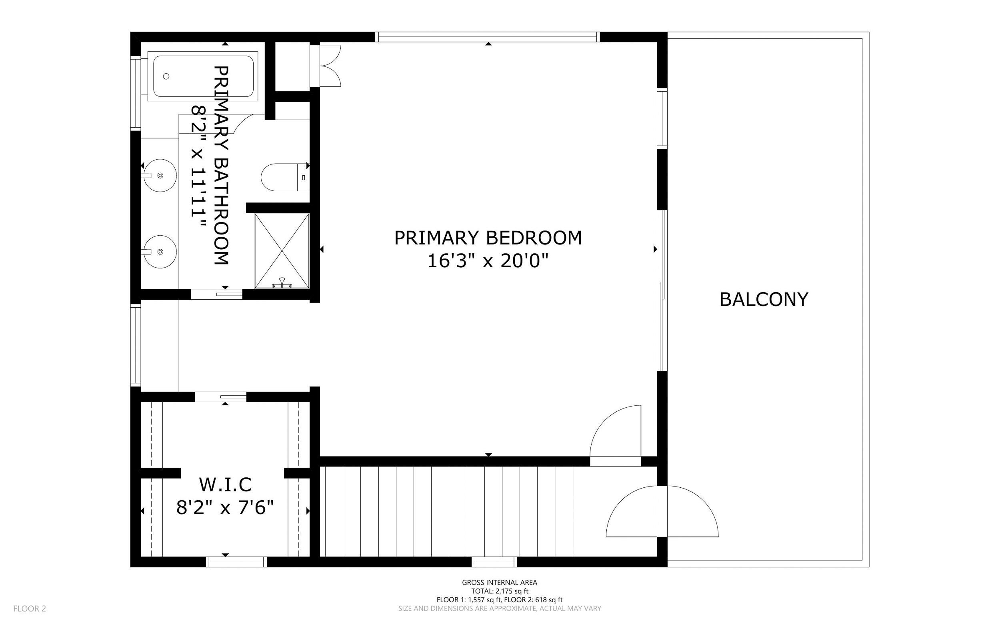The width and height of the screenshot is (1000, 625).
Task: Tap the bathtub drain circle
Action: (x=166, y=76)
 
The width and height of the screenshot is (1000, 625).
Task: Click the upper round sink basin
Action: (x=160, y=175)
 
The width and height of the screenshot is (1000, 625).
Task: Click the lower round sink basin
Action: (x=160, y=251)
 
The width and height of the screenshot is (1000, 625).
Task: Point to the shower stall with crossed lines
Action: (x=282, y=250)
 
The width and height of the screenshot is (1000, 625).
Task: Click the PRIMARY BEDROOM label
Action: (x=488, y=238)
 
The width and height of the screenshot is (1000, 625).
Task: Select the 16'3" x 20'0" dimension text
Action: (x=488, y=261)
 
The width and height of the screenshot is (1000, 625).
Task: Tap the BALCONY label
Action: (x=764, y=299)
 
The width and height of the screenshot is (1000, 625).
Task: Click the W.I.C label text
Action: (x=225, y=485)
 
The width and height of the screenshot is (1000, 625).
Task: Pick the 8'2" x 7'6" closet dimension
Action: (x=225, y=508)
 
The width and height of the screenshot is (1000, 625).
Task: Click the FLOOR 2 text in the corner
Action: (x=30, y=609)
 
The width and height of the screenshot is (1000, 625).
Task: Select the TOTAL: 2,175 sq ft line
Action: (x=500, y=591)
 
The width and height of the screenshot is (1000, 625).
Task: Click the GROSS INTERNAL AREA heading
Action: (x=500, y=583)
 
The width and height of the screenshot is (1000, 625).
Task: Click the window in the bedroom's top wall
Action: (x=488, y=37)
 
